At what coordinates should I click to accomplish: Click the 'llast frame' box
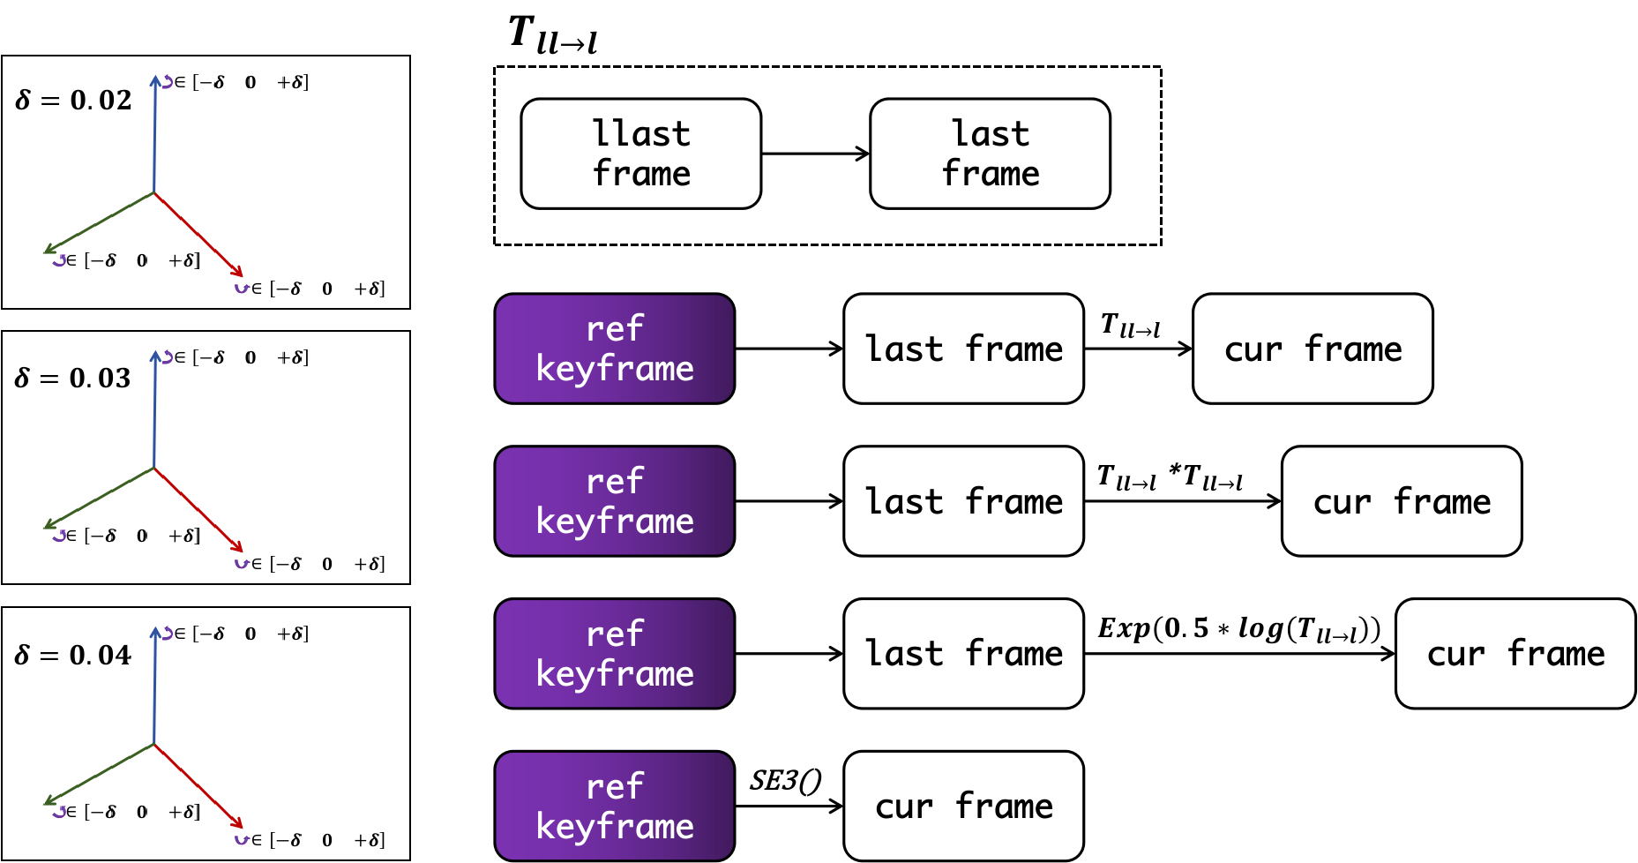coord(641,154)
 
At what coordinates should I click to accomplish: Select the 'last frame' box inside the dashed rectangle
coord(990,154)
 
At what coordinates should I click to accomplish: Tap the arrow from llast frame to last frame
coord(816,154)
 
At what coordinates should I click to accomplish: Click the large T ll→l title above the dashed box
coord(553,36)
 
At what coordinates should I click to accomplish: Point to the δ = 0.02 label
coord(73,100)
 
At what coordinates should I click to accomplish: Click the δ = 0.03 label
coord(73,378)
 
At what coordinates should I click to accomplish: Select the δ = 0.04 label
coord(73,655)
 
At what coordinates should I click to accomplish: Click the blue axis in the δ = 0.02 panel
coord(155,134)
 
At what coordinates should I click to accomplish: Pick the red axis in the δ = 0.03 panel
coord(198,510)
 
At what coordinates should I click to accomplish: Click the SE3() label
coord(785,780)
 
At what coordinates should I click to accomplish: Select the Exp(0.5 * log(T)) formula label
coord(1238,629)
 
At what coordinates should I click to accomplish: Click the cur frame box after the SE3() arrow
coord(963,806)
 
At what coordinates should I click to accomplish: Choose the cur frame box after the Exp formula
coord(1515,653)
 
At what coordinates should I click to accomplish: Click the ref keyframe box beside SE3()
coord(615,806)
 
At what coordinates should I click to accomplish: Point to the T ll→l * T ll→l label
coord(1170,477)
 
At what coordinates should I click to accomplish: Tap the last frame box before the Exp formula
coord(963,653)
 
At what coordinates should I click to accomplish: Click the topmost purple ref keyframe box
coord(615,349)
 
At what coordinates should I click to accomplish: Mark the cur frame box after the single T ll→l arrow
coord(1313,349)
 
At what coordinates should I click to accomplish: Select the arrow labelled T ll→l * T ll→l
coord(1183,501)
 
